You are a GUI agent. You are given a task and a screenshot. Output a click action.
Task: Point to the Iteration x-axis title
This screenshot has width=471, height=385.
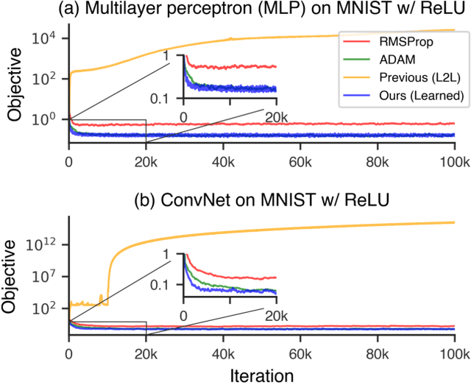pyautogui.click(x=261, y=375)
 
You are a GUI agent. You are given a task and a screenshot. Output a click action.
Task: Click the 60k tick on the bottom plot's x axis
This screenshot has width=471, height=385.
pyautogui.click(x=300, y=353)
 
